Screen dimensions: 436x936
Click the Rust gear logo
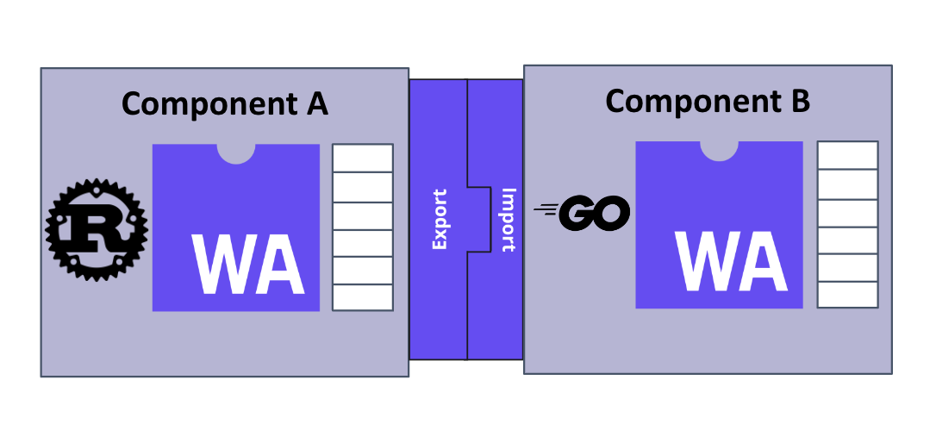(97, 229)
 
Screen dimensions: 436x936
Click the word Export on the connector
(440, 220)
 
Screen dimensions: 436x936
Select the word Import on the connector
(508, 219)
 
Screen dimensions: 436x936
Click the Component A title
(224, 103)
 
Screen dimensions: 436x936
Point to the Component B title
(708, 101)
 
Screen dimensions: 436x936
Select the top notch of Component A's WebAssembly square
(235, 153)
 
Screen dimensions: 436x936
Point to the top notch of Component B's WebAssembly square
(719, 150)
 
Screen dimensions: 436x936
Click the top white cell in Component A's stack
(363, 158)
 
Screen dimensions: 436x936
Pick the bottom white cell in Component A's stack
(363, 297)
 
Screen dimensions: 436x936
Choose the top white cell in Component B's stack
(847, 155)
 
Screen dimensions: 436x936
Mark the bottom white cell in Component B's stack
(847, 294)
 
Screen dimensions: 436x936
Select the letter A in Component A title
(315, 103)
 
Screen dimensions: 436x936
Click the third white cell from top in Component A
(363, 214)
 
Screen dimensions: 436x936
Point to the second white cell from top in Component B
(847, 183)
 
